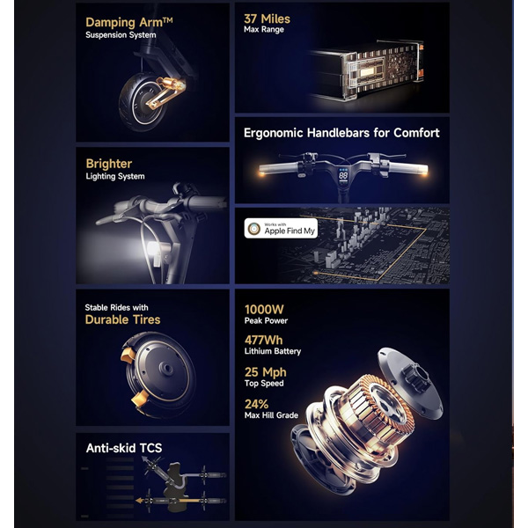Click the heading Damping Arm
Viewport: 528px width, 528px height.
(129, 22)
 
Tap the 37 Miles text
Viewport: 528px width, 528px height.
(267, 18)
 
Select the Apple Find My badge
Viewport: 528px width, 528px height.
(281, 228)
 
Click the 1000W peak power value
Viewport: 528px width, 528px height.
(264, 309)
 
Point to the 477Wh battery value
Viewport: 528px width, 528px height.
(263, 340)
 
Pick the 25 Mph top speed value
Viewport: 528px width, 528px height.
(266, 372)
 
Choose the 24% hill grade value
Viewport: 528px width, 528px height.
(256, 404)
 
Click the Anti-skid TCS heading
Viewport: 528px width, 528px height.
(124, 448)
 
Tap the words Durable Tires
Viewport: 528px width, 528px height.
(122, 319)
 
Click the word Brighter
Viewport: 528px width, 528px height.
(109, 164)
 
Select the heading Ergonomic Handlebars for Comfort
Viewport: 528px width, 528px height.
(341, 133)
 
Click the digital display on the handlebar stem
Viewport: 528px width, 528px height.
(343, 175)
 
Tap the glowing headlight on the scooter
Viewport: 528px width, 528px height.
(153, 249)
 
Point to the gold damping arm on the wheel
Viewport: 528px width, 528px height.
(165, 92)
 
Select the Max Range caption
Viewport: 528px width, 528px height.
(264, 30)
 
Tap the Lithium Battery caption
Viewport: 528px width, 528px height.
(273, 351)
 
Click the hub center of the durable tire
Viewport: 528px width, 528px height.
(166, 369)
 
